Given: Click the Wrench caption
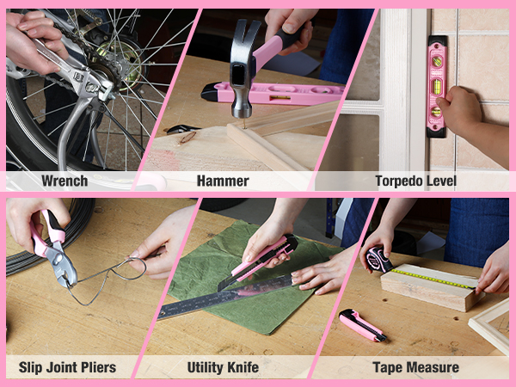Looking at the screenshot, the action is (x=64, y=181).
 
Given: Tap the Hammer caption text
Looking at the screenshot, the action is (x=223, y=181).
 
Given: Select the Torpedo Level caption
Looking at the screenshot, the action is (x=416, y=181).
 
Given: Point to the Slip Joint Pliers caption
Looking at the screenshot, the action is (x=67, y=367).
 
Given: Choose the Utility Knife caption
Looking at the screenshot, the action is (x=223, y=367).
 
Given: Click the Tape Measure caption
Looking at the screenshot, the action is (x=416, y=367).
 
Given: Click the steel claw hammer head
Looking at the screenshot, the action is (x=243, y=69).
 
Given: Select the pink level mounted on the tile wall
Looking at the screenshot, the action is (x=437, y=86).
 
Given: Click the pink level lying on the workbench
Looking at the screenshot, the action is (x=273, y=93).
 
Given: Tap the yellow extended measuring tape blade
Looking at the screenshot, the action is (x=433, y=279).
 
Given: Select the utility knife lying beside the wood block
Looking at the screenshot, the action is (x=362, y=325).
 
